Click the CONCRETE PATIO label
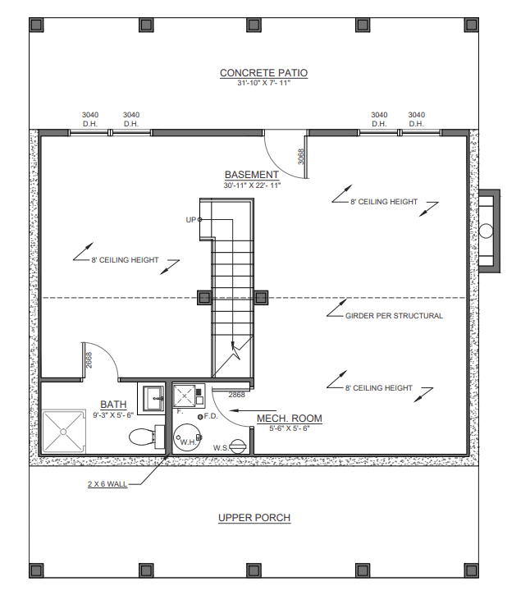[263, 73]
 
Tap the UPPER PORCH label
[254, 518]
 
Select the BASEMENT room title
[252, 175]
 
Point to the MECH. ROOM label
[290, 419]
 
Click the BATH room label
[113, 405]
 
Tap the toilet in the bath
[147, 437]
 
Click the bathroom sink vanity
[152, 399]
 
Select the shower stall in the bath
[63, 432]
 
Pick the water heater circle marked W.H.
[187, 438]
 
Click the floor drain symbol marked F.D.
[200, 417]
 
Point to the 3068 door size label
[301, 157]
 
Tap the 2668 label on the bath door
[89, 360]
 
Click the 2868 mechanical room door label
[236, 395]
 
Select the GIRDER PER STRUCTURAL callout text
[394, 316]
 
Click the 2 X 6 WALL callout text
[107, 484]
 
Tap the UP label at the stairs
[190, 220]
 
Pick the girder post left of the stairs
[204, 298]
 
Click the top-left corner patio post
[37, 25]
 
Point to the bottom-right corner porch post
[471, 570]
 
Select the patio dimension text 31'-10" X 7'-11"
[263, 83]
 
